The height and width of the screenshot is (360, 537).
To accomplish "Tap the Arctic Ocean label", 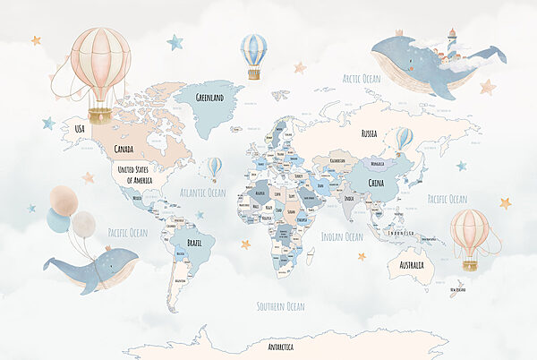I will (361, 79).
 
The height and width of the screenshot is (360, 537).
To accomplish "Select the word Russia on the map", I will (369, 133).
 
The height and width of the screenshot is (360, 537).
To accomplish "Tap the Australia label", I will (411, 265).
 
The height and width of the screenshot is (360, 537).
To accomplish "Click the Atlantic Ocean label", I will (203, 193).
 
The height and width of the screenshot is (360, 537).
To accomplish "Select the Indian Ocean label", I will (342, 237).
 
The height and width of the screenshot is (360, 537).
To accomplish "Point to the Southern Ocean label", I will (280, 306).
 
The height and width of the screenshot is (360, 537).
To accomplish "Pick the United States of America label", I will (135, 176).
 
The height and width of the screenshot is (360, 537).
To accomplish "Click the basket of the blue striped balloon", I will (254, 75).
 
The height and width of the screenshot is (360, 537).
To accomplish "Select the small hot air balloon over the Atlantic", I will (215, 167).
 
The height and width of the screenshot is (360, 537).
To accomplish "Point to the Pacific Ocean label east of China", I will (447, 199).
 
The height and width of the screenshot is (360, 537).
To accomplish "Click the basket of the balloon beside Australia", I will (469, 264).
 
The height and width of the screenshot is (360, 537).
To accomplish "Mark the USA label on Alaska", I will (79, 130).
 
